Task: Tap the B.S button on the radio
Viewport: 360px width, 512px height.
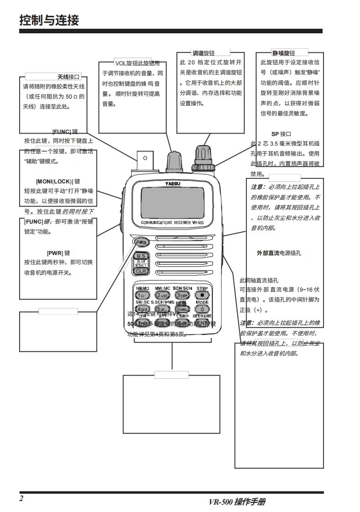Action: pos(141,256)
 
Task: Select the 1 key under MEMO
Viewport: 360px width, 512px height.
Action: pos(142,295)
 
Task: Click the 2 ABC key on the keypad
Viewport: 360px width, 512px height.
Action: pos(162,295)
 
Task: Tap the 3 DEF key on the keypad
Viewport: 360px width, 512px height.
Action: pos(182,295)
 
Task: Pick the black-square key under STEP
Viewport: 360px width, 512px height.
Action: pos(202,295)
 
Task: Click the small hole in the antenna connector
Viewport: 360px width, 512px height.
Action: pos(145,158)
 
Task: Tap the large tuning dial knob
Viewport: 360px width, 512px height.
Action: pos(201,157)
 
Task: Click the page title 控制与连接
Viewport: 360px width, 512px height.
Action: pos(49,20)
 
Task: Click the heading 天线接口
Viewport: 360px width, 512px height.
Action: pos(68,77)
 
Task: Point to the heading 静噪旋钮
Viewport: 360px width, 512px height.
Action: pos(283,53)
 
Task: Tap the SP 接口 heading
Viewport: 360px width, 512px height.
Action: pos(281,134)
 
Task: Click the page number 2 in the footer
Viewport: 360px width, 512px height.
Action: pos(21,498)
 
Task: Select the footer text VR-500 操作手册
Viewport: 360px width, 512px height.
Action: pos(237,502)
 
